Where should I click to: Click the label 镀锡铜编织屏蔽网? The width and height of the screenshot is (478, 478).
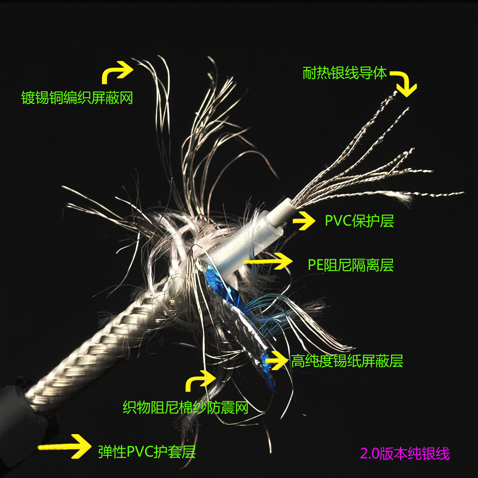coord(77,98)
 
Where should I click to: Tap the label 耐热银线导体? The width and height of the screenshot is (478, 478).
coord(345,73)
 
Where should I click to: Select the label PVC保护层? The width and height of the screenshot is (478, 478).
coord(359,221)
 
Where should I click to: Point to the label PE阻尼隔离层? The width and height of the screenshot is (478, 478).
coord(351,265)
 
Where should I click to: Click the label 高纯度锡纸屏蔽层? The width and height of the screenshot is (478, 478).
coord(347,361)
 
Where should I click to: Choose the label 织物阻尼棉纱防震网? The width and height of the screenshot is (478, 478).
coord(186,407)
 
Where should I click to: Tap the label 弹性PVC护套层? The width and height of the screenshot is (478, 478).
coord(147,452)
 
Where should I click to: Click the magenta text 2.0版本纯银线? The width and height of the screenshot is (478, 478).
coord(405,454)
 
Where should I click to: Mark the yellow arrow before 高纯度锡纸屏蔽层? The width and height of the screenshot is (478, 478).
coord(277,360)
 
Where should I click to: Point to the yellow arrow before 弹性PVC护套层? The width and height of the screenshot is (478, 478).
coord(66,446)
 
